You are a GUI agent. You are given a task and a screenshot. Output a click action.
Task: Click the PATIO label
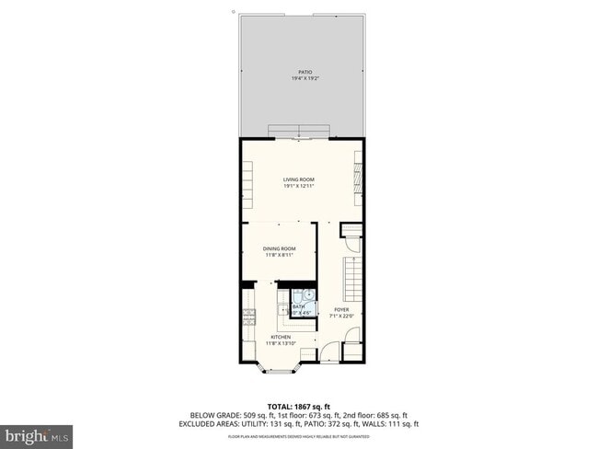[304, 72]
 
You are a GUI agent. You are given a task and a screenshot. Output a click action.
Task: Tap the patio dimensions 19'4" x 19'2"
[304, 78]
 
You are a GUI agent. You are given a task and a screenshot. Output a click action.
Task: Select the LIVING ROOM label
[299, 180]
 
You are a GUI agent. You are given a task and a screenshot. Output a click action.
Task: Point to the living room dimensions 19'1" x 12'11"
[299, 187]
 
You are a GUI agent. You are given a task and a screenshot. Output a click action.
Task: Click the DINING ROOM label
[279, 248]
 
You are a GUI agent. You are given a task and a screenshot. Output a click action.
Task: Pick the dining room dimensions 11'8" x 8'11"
[279, 255]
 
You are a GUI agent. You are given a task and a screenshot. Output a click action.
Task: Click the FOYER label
[340, 309]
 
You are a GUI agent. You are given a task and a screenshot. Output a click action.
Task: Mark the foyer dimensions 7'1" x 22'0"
[340, 316]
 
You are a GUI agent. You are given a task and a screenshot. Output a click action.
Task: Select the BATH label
[298, 306]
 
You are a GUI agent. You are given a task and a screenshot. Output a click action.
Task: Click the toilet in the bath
[307, 296]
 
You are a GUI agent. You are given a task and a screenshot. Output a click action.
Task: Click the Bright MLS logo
[37, 433]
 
